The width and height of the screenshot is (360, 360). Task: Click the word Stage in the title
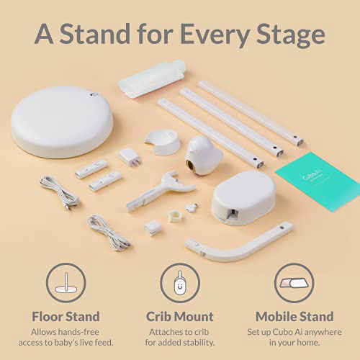click(x=287, y=34)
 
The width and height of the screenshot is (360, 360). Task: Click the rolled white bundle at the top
click(x=152, y=78)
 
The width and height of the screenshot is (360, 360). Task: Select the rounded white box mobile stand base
click(x=243, y=197)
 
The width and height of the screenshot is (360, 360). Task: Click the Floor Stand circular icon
click(x=66, y=283)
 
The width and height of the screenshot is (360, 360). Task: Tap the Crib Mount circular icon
click(x=180, y=283)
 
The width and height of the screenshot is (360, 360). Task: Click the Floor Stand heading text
click(x=66, y=316)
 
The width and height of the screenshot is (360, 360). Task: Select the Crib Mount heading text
click(x=180, y=316)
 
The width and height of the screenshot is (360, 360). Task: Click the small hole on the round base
click(x=94, y=94)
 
